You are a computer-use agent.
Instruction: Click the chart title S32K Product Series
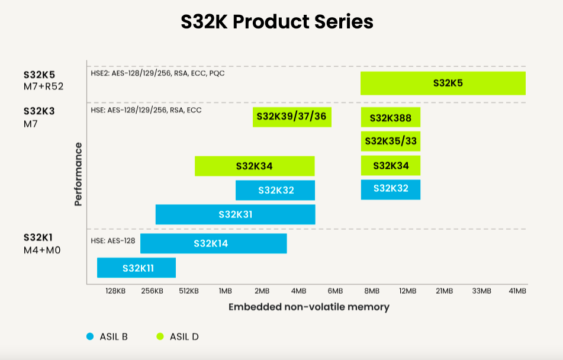pyautogui.click(x=277, y=22)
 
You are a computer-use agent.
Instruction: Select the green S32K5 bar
pyautogui.click(x=443, y=83)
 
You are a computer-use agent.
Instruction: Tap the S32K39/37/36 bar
pyautogui.click(x=292, y=117)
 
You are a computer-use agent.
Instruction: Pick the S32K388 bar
pyautogui.click(x=390, y=117)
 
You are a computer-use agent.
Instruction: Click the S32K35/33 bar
pyautogui.click(x=390, y=142)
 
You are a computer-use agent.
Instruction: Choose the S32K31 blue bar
pyautogui.click(x=235, y=214)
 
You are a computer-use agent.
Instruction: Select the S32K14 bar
pyautogui.click(x=213, y=243)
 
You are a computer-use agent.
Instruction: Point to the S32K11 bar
pyautogui.click(x=136, y=268)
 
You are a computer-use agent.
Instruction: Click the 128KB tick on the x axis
pyautogui.click(x=115, y=291)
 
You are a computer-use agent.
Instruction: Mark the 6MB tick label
pyautogui.click(x=334, y=291)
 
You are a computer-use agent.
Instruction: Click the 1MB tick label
pyautogui.click(x=225, y=291)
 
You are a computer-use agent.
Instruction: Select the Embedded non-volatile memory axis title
pyautogui.click(x=308, y=307)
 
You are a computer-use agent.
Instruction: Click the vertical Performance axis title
pyautogui.click(x=78, y=174)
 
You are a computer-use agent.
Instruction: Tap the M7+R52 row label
pyautogui.click(x=43, y=86)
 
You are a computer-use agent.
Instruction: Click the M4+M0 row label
pyautogui.click(x=42, y=250)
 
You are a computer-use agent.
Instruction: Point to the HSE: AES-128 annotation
pyautogui.click(x=113, y=240)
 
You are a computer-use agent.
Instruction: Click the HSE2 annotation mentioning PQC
pyautogui.click(x=157, y=73)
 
